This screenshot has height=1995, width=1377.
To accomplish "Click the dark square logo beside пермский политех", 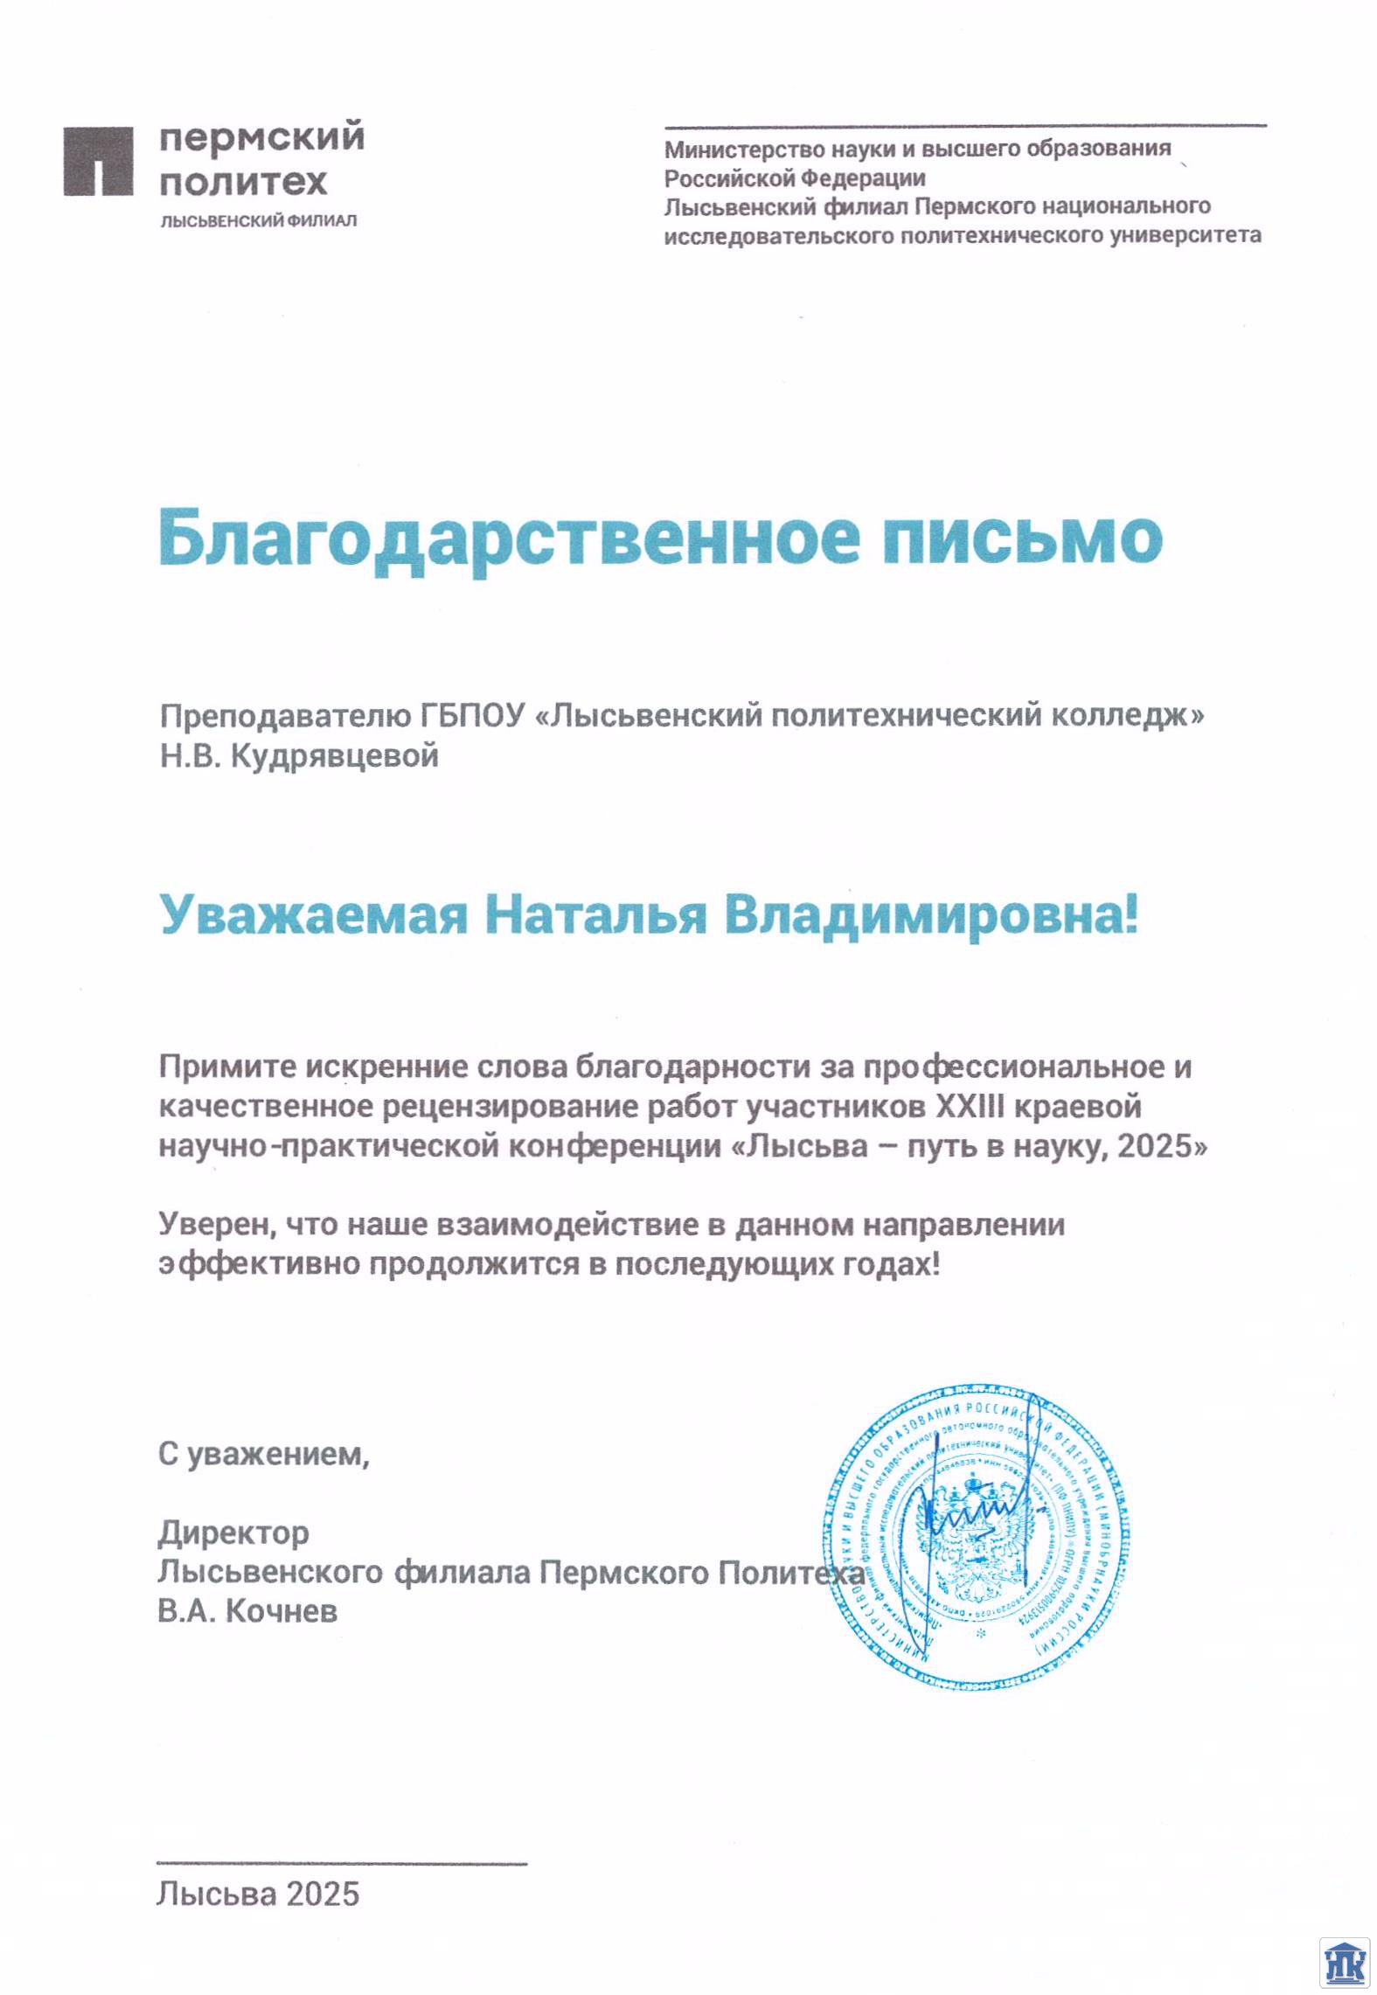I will pyautogui.click(x=98, y=161).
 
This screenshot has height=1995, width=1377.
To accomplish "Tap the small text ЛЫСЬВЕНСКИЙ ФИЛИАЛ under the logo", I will pyautogui.click(x=258, y=221).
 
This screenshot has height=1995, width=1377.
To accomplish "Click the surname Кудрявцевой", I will pyautogui.click(x=335, y=755).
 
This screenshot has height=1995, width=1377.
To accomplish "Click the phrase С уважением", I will pyautogui.click(x=263, y=1454).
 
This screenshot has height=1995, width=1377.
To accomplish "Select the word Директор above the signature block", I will pyautogui.click(x=233, y=1533).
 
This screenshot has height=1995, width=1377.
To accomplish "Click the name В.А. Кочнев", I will pyautogui.click(x=247, y=1610).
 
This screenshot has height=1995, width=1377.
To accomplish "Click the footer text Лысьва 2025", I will pyautogui.click(x=258, y=1894).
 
